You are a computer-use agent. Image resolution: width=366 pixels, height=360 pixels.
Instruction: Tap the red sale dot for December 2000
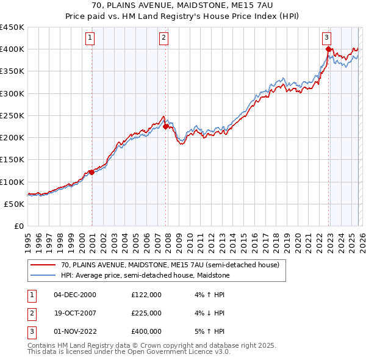[x=91, y=172]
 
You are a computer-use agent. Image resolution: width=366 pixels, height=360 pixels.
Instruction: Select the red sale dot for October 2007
[x=165, y=127]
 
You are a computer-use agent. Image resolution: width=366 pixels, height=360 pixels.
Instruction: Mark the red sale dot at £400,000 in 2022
[x=328, y=49]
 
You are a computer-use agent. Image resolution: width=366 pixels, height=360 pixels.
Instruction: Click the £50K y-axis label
[x=15, y=204]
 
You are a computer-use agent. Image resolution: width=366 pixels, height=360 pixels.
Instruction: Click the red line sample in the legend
[x=43, y=265]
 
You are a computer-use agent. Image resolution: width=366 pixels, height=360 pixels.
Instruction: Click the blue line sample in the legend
[x=43, y=275]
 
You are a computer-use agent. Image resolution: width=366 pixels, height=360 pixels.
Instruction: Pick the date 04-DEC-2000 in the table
[x=75, y=295]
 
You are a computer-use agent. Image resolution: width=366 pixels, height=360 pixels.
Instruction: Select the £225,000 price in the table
[x=146, y=313]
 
